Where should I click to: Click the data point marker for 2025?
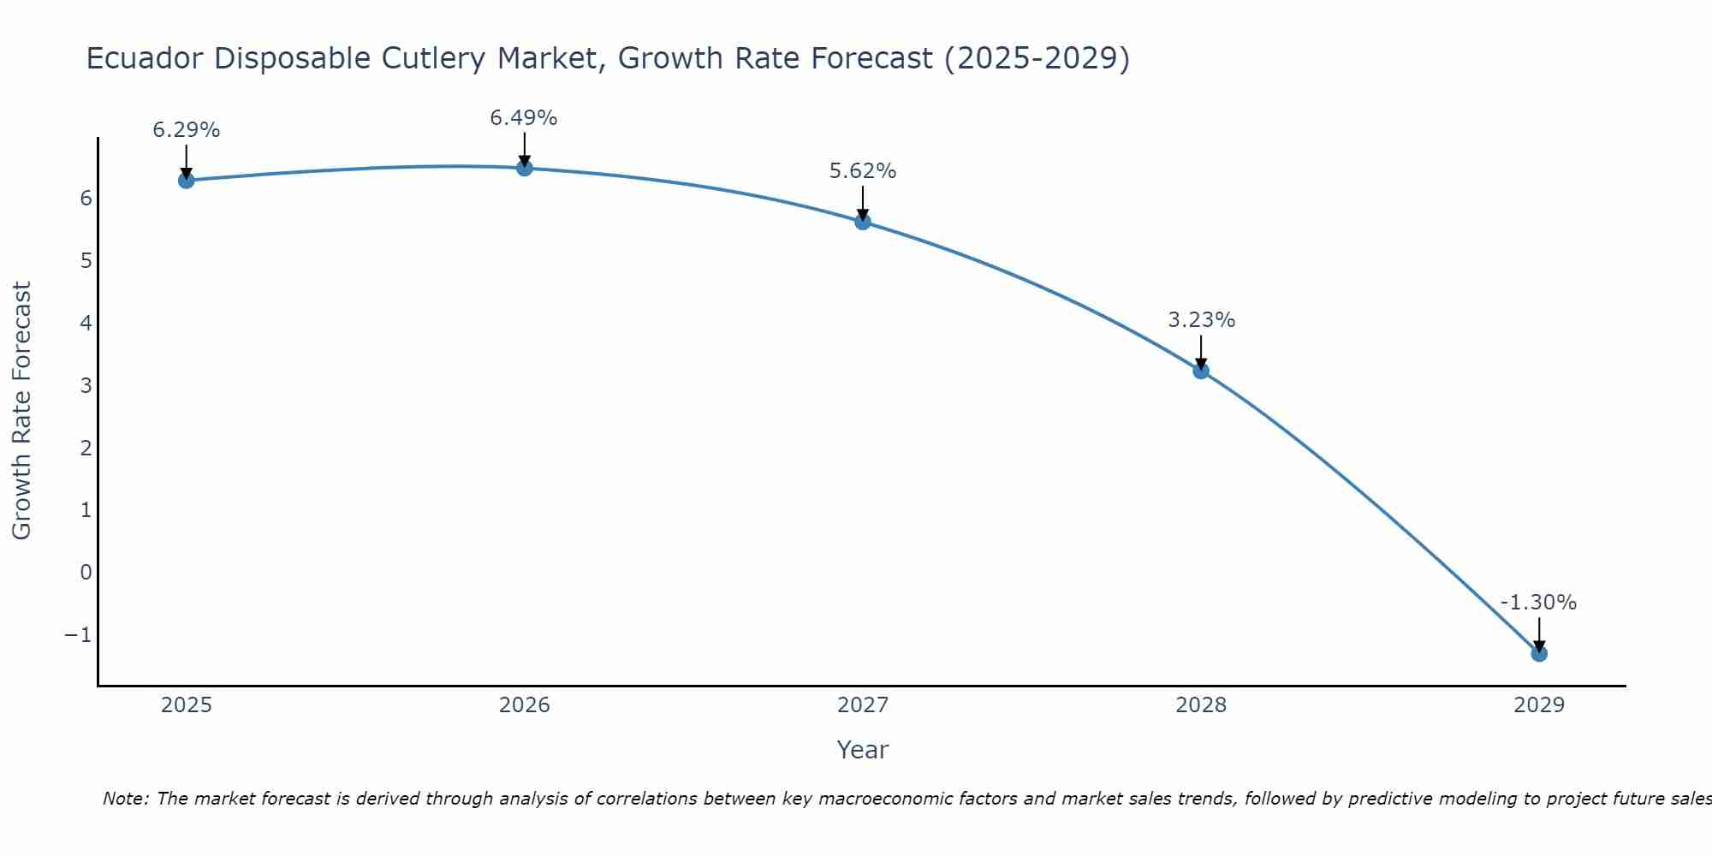(x=186, y=180)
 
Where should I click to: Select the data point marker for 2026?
(x=525, y=168)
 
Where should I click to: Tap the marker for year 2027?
(x=863, y=222)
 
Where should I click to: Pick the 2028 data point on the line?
(x=1201, y=371)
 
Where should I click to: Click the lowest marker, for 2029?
(x=1539, y=653)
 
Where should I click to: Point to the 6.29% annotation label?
(x=186, y=130)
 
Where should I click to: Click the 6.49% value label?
(x=524, y=118)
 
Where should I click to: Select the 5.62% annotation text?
(x=863, y=171)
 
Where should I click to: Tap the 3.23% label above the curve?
(x=1201, y=320)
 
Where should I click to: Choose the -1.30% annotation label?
(x=1538, y=603)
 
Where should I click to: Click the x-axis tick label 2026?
(x=525, y=705)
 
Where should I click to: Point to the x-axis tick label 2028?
(x=1201, y=705)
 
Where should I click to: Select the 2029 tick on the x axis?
(x=1539, y=705)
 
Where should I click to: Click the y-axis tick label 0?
(x=86, y=572)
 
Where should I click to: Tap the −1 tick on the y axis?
(x=78, y=634)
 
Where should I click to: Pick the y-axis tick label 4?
(x=86, y=323)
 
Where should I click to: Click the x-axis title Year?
(x=863, y=750)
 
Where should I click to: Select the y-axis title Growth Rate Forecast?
(x=21, y=410)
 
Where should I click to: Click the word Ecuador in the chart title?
(x=145, y=58)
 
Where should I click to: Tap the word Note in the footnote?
(x=125, y=799)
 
